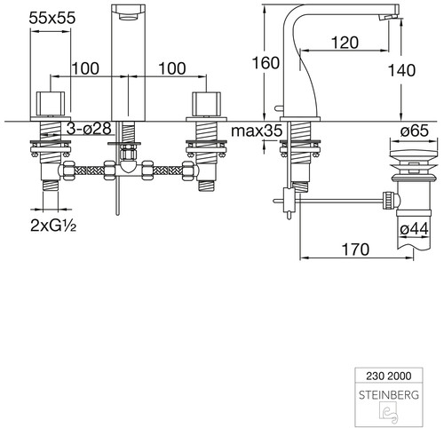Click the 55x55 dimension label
(52, 18)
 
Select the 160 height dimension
(266, 63)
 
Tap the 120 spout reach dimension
(345, 43)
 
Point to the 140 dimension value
(401, 70)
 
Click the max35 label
(257, 131)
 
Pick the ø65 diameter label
(414, 131)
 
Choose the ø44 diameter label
(414, 229)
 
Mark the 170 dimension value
(355, 250)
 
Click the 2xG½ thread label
(53, 226)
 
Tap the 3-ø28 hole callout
(89, 129)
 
